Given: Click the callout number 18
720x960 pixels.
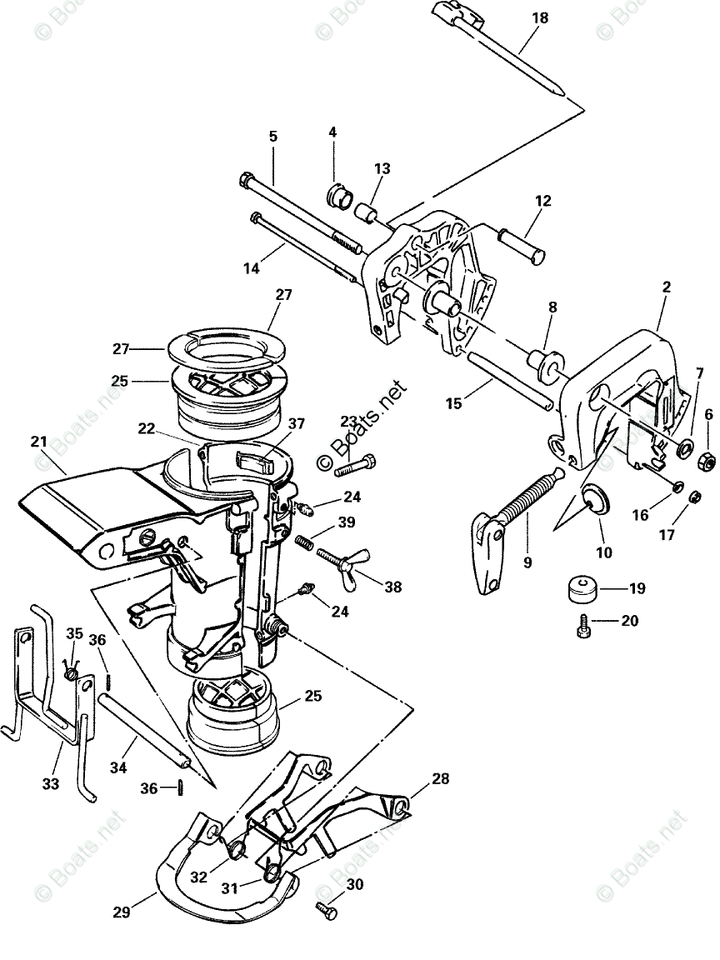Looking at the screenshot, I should (540, 17).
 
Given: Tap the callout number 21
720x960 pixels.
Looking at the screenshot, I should (38, 440).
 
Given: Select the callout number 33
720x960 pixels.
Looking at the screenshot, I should (52, 783).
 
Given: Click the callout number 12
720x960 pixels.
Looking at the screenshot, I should (543, 200).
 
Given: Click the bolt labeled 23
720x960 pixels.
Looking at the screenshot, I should (356, 464).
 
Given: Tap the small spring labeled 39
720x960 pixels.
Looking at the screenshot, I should (306, 542).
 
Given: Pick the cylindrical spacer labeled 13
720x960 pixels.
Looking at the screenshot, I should (366, 209).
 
